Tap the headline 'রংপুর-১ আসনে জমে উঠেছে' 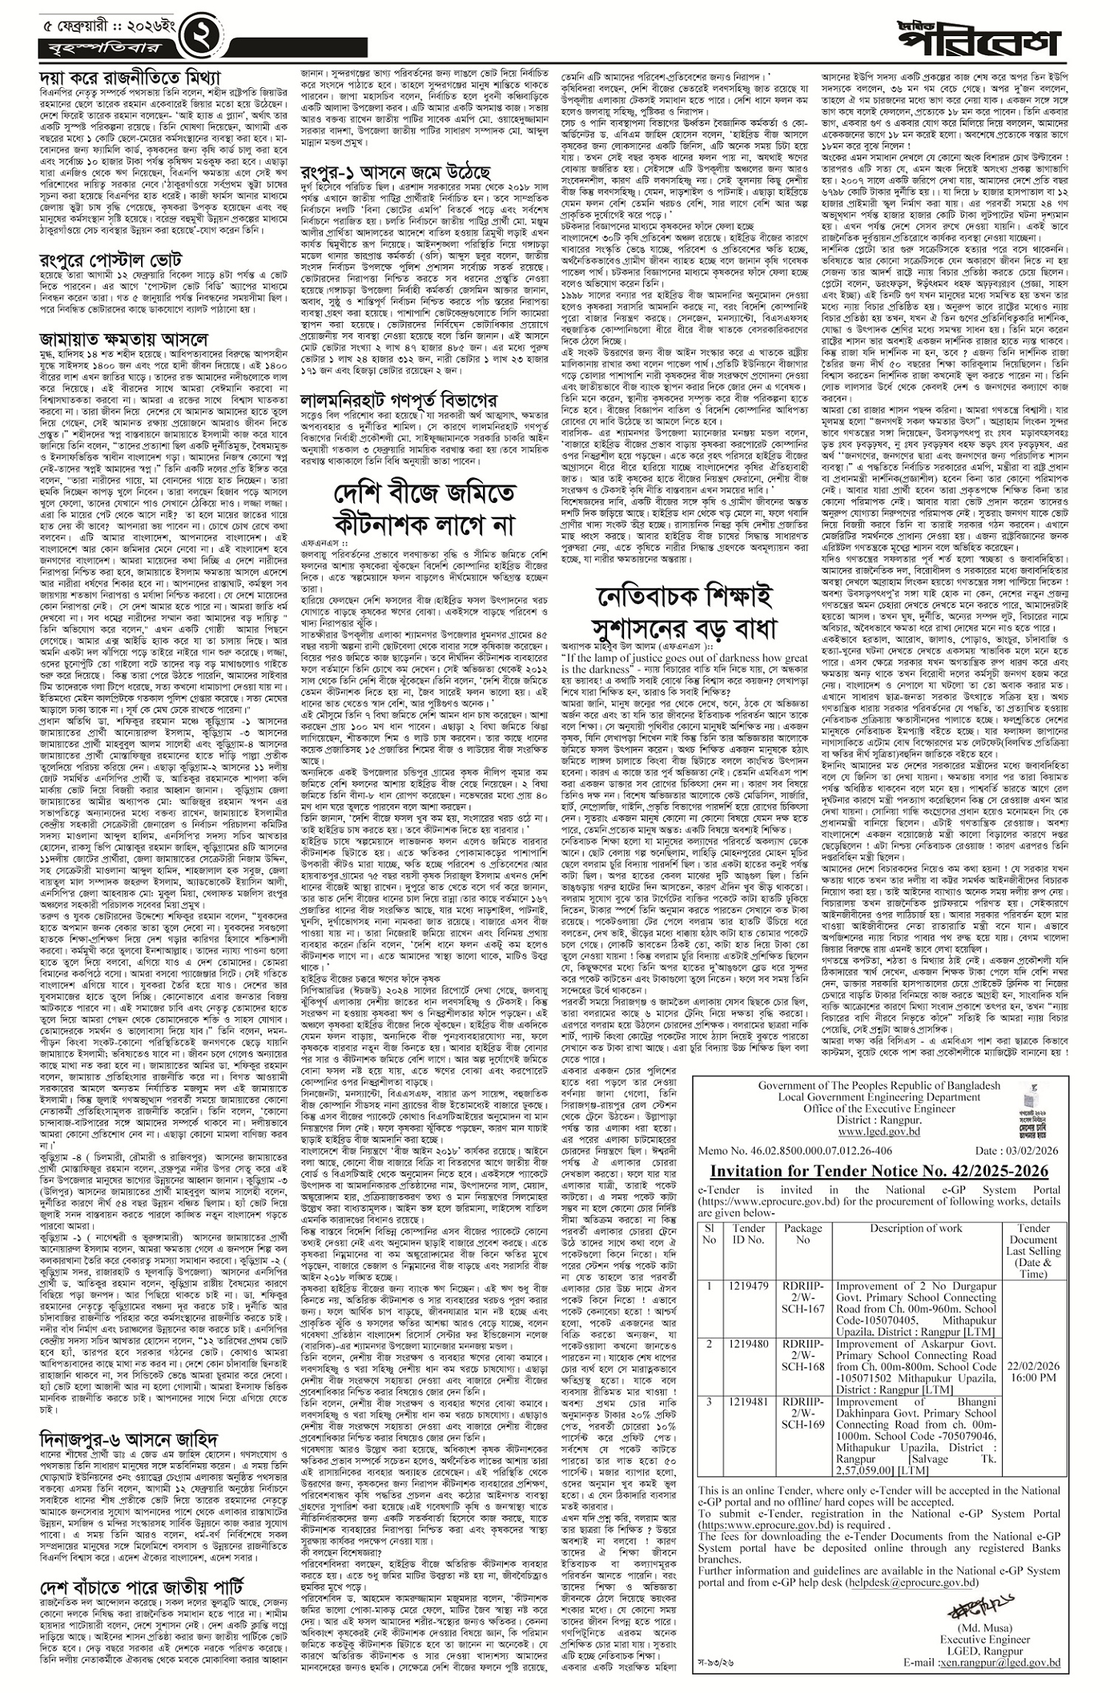(396, 171)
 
